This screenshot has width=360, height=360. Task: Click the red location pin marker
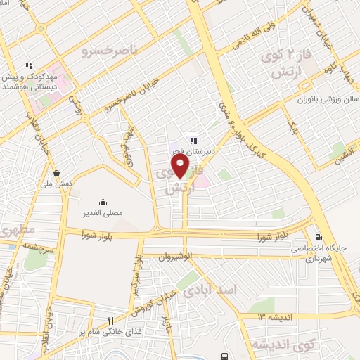(x=181, y=165)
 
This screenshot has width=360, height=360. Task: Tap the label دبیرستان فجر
(x=191, y=150)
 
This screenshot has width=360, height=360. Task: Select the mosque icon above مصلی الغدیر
(x=103, y=200)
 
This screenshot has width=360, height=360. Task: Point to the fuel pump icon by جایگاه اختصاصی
(x=320, y=237)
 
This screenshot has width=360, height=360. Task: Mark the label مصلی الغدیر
(x=103, y=212)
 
